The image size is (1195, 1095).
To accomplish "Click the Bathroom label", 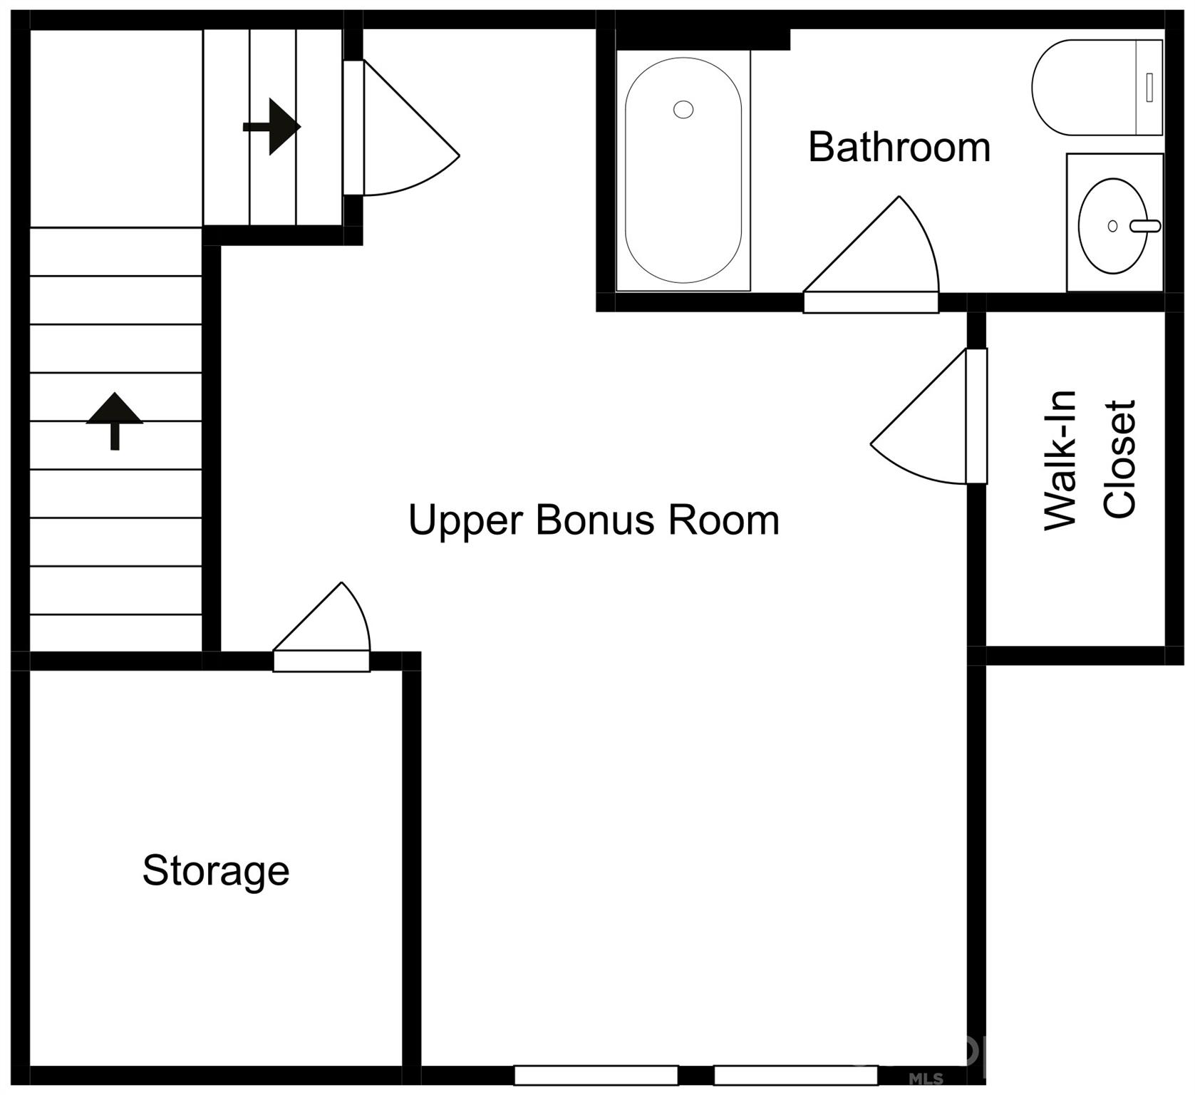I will tap(899, 148).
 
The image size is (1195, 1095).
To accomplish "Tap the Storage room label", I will tap(215, 870).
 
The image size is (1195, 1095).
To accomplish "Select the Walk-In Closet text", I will tap(1088, 460).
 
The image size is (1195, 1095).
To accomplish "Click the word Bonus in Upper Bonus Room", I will tap(594, 520).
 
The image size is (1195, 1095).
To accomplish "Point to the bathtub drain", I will tap(683, 110).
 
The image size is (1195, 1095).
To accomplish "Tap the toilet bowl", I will tap(1076, 87).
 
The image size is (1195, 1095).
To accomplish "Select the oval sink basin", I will tap(1112, 226).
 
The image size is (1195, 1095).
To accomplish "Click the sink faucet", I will tap(1146, 226).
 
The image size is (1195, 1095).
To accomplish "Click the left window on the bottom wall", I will tap(596, 1075).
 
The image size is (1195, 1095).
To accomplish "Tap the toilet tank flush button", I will tap(1149, 87).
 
